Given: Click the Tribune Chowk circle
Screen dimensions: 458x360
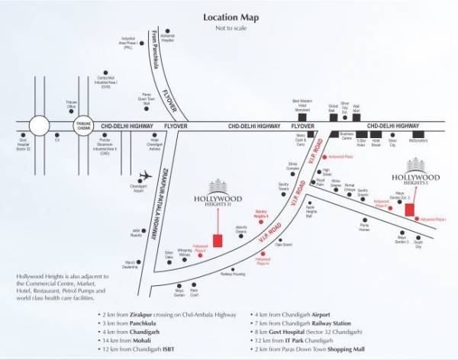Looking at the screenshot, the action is tap(82, 125).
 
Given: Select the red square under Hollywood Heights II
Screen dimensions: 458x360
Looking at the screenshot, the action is tap(218, 240).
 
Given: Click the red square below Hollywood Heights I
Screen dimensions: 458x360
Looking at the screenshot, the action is tap(411, 210).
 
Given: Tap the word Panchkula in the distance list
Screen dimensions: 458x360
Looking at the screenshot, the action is tap(133, 323).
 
